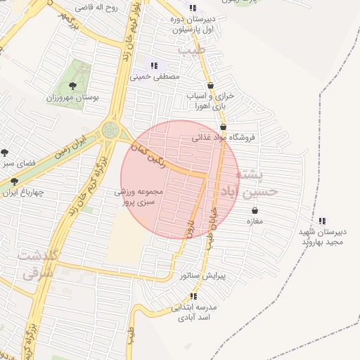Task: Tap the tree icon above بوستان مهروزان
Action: pyautogui.click(x=73, y=86)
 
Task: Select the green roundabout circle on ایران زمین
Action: pyautogui.click(x=110, y=130)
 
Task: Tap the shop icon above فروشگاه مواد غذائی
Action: pyautogui.click(x=224, y=127)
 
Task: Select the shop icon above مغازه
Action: pyautogui.click(x=254, y=210)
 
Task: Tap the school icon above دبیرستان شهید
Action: pyautogui.click(x=322, y=221)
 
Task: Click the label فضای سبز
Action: pyautogui.click(x=19, y=162)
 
